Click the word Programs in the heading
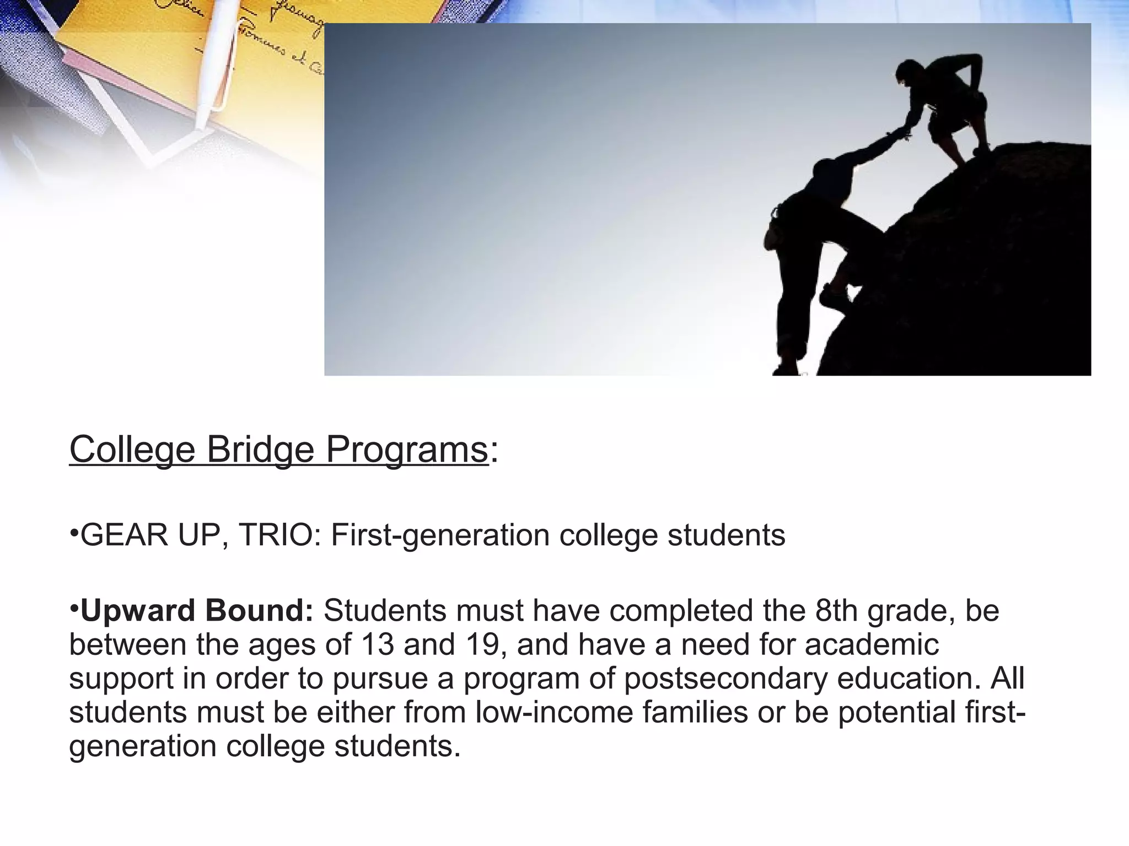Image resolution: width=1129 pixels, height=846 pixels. point(407,450)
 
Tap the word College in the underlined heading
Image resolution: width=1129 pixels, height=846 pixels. point(132,450)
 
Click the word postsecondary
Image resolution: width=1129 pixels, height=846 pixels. point(725,679)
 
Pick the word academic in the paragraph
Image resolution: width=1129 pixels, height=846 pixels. point(872,644)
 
